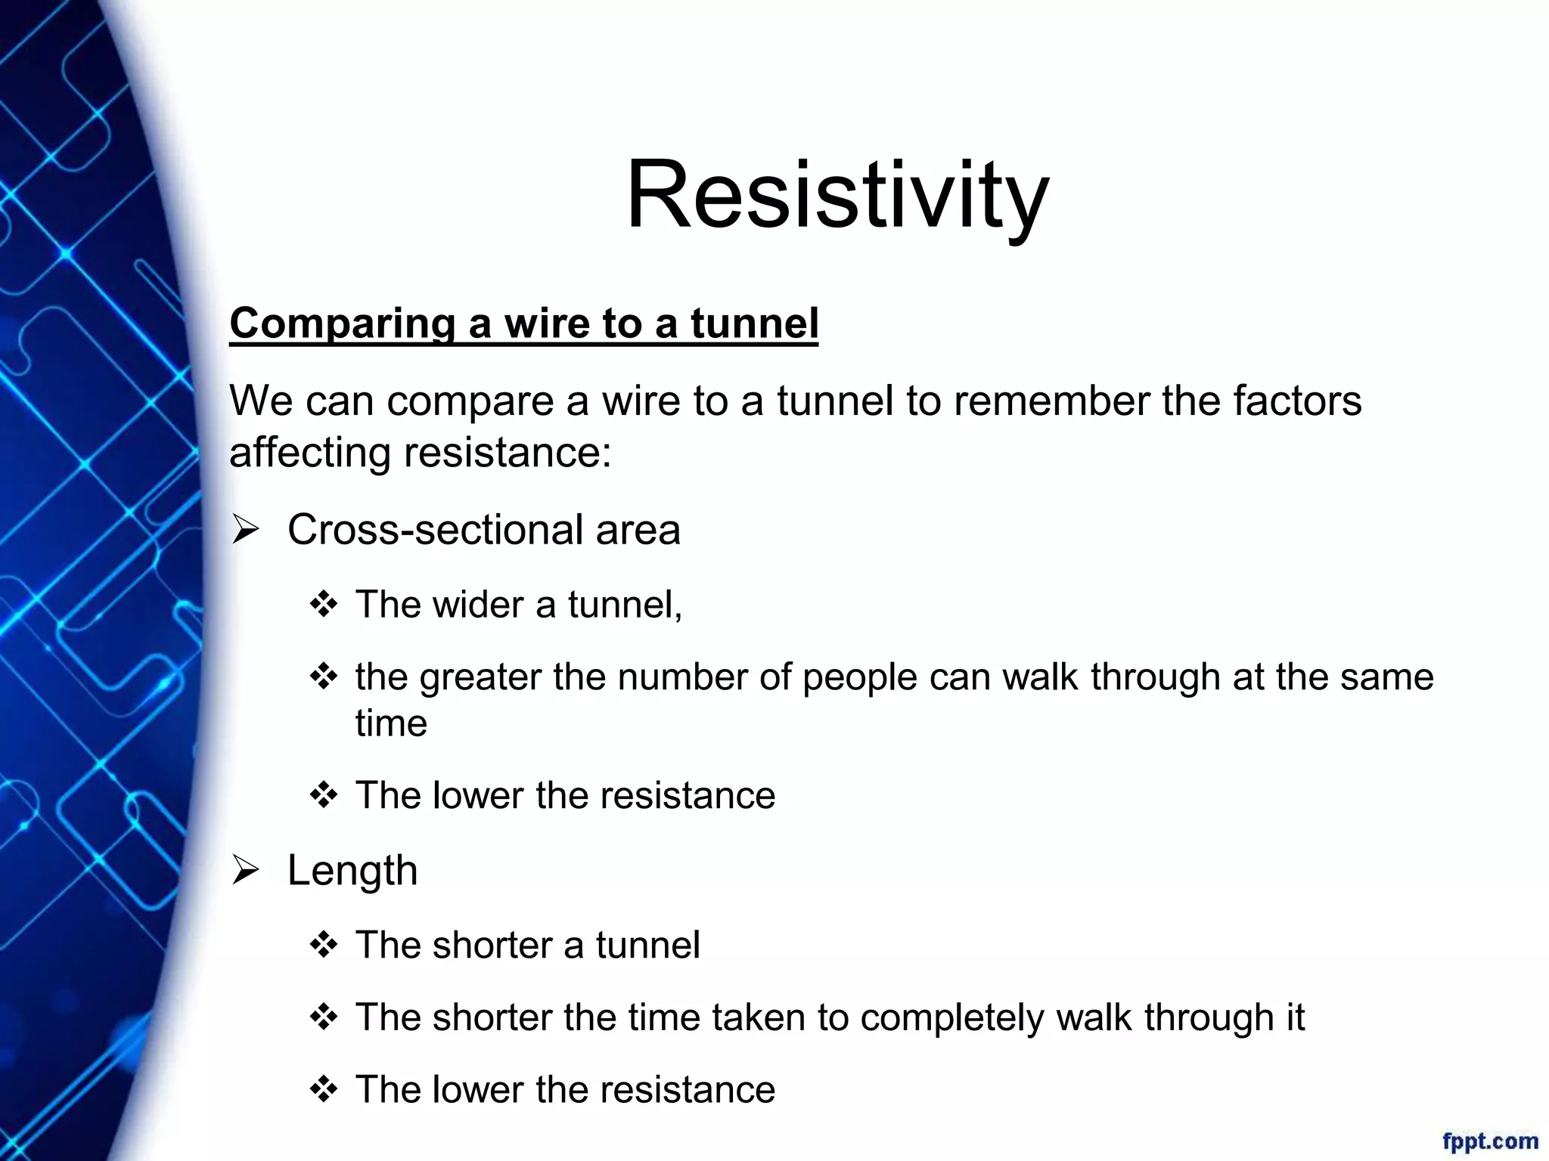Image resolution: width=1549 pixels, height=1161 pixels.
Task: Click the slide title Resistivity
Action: pos(837,195)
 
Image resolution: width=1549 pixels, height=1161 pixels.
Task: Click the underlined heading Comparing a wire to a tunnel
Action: pos(523,324)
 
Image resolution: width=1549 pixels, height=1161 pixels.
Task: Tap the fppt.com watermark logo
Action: pos(1489,1141)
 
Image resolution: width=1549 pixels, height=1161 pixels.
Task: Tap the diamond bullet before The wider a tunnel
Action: pos(323,605)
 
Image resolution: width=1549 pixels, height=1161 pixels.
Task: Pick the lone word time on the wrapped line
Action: pos(391,723)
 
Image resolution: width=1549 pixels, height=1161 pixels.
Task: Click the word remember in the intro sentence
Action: pos(1051,401)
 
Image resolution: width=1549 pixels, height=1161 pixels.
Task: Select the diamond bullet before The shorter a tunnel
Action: pos(323,946)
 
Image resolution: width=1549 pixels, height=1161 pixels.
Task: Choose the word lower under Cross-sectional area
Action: pos(478,796)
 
